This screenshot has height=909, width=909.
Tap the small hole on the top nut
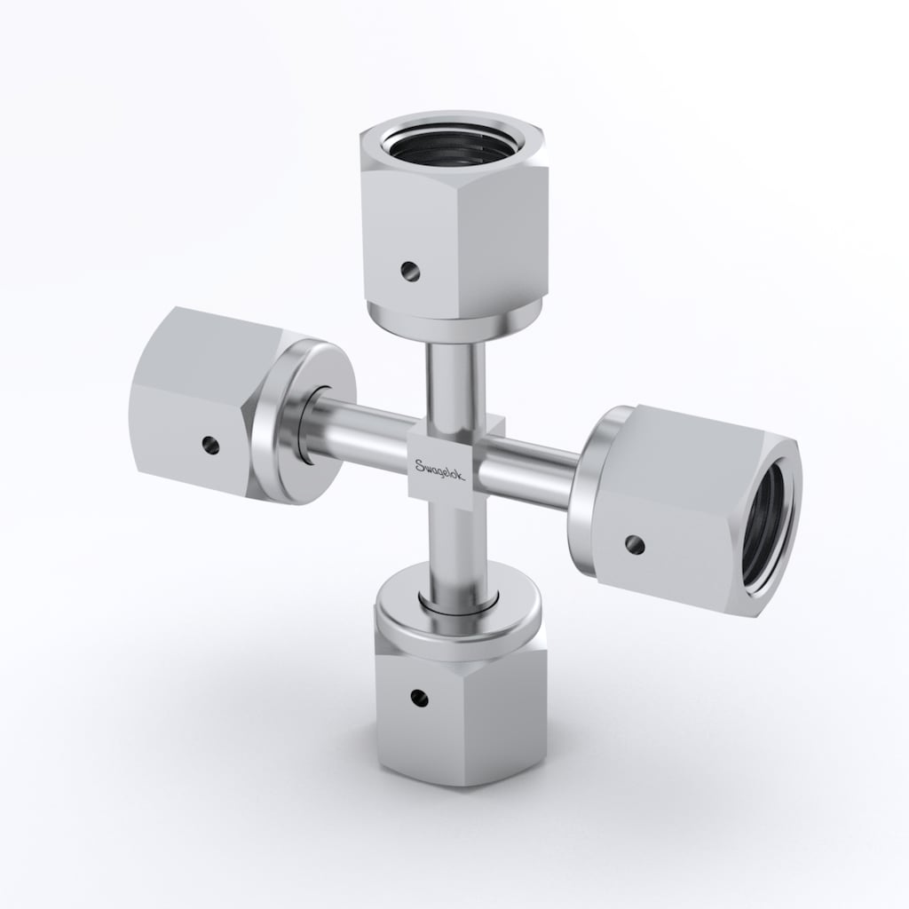click(410, 270)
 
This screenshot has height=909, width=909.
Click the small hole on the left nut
click(211, 446)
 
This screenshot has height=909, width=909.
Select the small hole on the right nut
click(635, 544)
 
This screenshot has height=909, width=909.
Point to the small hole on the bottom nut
click(419, 697)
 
